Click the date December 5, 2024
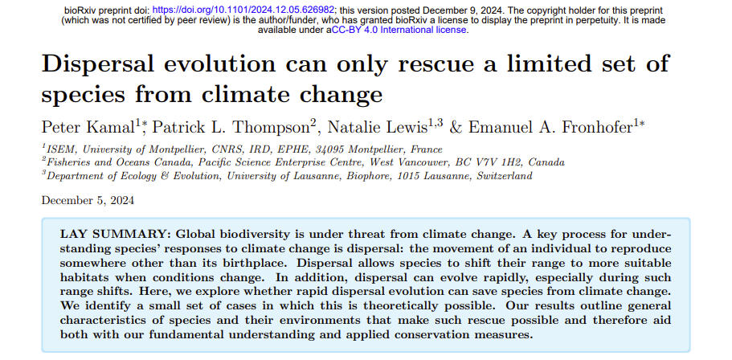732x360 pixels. pos(88,201)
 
